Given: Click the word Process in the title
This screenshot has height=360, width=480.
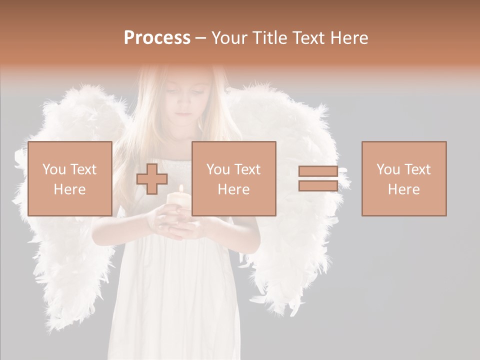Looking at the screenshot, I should pos(157,38).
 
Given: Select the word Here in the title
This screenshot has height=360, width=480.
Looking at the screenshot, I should pos(348,38).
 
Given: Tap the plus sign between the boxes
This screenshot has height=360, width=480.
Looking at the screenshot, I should pos(152,179).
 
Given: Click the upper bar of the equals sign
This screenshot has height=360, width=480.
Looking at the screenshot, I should pos(318,171).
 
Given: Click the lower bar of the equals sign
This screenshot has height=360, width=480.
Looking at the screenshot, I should pos(318,186).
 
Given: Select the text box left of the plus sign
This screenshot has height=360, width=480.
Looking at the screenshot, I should pos(70,178).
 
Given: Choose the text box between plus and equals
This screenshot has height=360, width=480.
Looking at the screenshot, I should pos(234,178).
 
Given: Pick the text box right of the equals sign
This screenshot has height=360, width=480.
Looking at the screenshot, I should pos(404,178).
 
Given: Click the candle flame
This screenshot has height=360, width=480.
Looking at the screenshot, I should pos(181,189).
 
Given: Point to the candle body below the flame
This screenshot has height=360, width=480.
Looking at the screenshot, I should pos(178,202).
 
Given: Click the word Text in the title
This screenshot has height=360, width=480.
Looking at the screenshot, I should pos(309,38).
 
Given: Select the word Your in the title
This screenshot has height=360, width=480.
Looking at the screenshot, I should pos(230,38).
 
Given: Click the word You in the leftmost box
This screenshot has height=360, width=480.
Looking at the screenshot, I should pos(54,169).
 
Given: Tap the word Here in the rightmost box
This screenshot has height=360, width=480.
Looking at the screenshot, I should pos(404,189).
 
